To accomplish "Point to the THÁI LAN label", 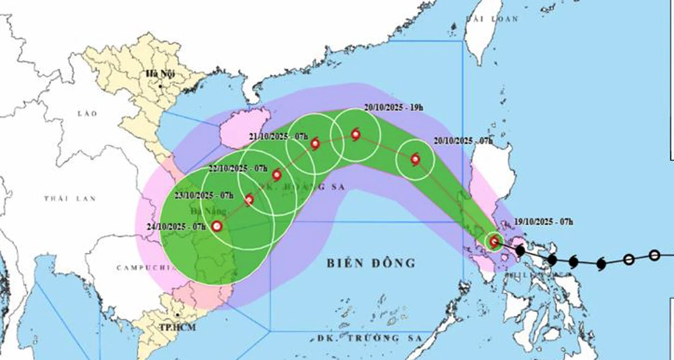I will point(71,198).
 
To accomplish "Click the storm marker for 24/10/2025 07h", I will point(216,227).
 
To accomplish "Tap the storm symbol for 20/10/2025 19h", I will point(355,134).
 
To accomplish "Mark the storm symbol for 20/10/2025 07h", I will point(415,160).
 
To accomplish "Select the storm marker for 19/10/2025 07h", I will point(494,241).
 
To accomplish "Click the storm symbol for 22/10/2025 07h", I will point(276,175).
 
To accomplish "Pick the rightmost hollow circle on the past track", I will point(654,256).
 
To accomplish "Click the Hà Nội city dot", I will point(160,86).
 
